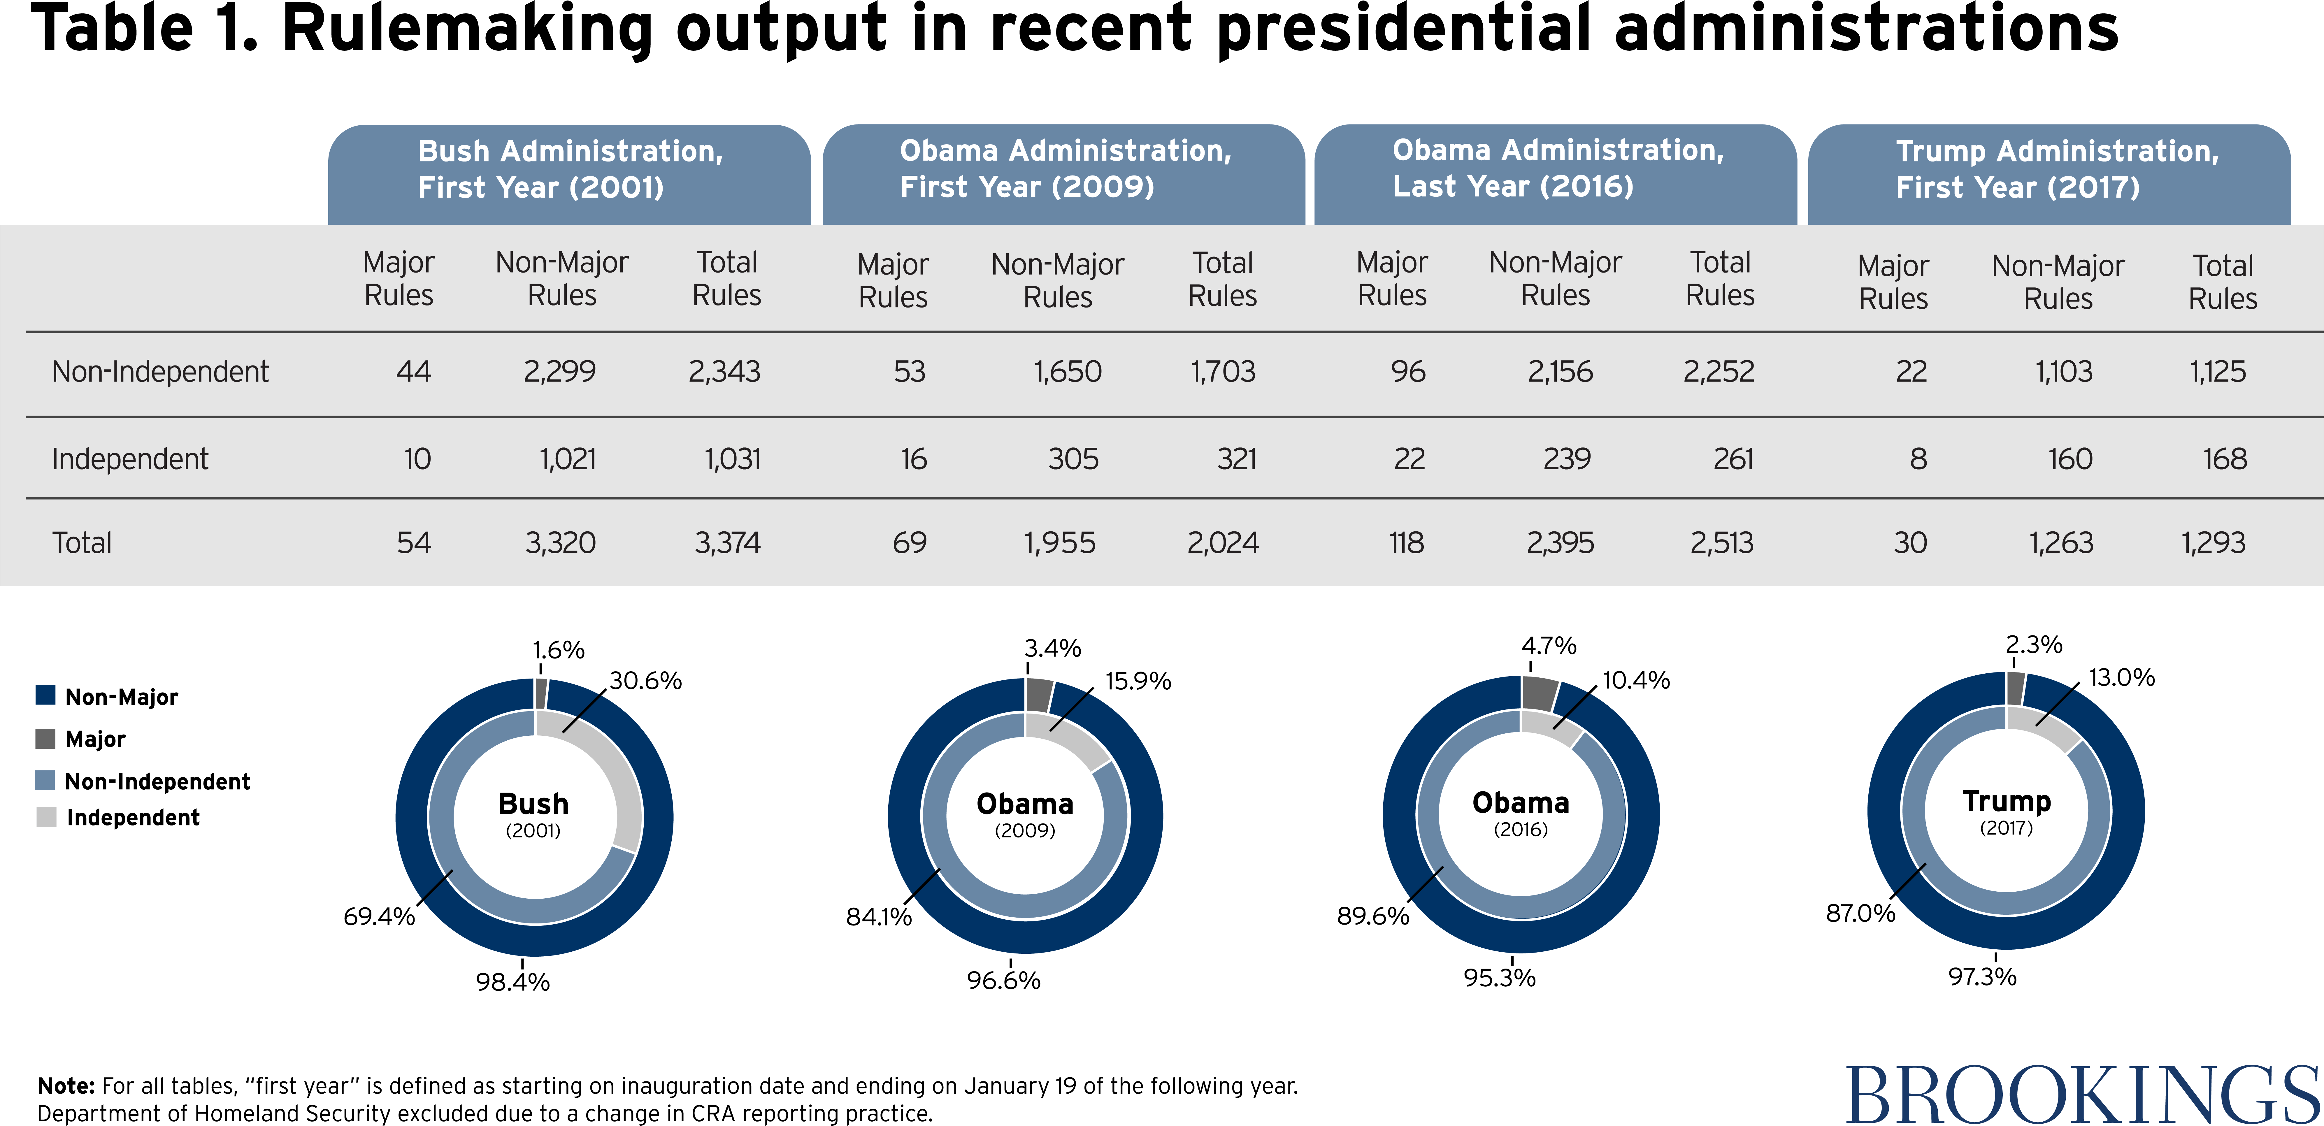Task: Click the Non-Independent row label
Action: click(x=160, y=372)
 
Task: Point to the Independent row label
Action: click(x=130, y=459)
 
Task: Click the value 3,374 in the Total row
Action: click(x=727, y=543)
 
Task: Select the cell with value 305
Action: click(x=1073, y=459)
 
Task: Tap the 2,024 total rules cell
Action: click(x=1222, y=543)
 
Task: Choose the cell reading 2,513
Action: click(x=1721, y=543)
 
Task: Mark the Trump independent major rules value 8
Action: click(x=1918, y=459)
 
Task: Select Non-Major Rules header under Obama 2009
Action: click(x=1057, y=281)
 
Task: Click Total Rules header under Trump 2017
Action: click(x=2223, y=282)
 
